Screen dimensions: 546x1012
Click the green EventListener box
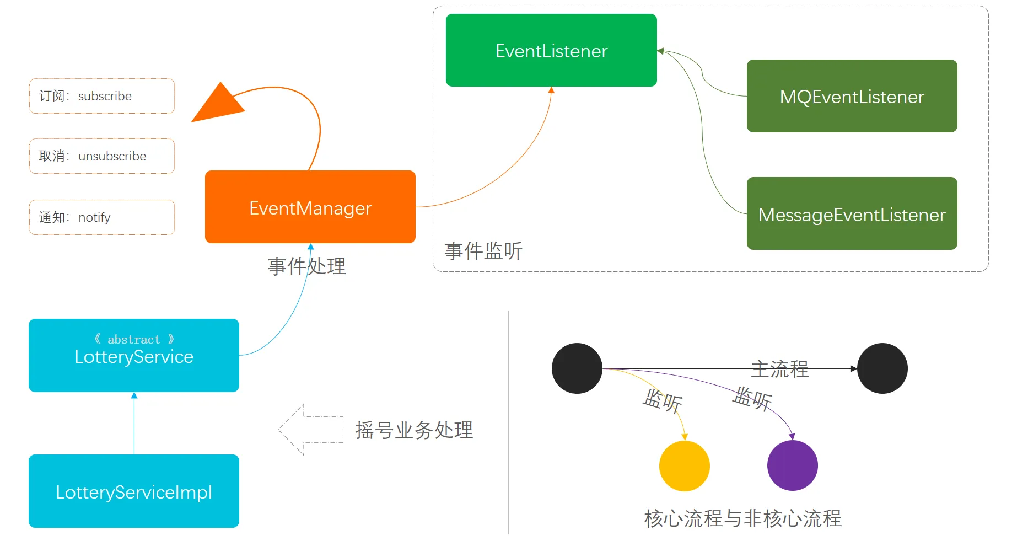pyautogui.click(x=551, y=50)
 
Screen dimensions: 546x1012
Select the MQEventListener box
pyautogui.click(x=852, y=96)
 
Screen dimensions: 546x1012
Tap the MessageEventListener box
pyautogui.click(x=852, y=213)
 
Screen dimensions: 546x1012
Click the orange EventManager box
pyautogui.click(x=310, y=207)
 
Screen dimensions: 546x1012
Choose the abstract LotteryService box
pyautogui.click(x=133, y=355)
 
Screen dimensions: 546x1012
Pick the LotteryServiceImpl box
pyautogui.click(x=133, y=491)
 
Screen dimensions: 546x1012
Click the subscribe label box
pyautogui.click(x=101, y=96)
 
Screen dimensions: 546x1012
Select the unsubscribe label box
pyautogui.click(x=101, y=156)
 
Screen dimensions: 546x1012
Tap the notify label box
pyautogui.click(x=101, y=217)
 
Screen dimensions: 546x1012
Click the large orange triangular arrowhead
pyautogui.click(x=217, y=105)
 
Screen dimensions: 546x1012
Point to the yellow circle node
pyautogui.click(x=684, y=466)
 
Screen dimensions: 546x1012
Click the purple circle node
pyautogui.click(x=792, y=465)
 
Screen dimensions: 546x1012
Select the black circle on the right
pyautogui.click(x=882, y=368)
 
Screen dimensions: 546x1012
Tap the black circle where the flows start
pyautogui.click(x=577, y=368)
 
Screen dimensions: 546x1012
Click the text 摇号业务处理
pyautogui.click(x=414, y=430)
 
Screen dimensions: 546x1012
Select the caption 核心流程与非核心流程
pyautogui.click(x=742, y=518)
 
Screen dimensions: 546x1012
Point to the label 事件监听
pyautogui.click(x=483, y=251)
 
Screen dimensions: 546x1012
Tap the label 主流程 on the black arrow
pyautogui.click(x=779, y=368)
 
